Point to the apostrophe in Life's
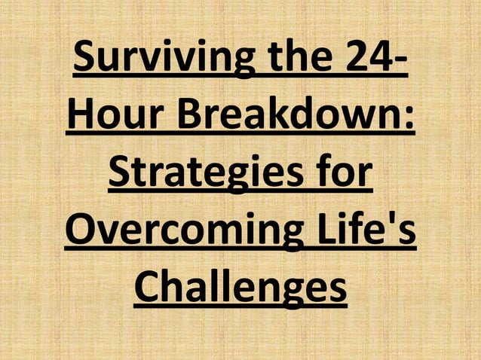[x=394, y=220]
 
